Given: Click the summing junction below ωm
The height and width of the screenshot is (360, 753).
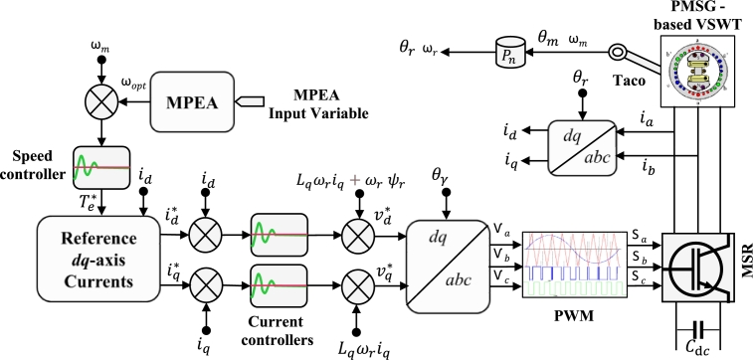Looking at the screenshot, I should coord(100,102).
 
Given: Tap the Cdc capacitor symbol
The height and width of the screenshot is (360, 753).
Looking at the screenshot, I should coord(700,327).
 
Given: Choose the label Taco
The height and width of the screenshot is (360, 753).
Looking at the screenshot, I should coord(623,87).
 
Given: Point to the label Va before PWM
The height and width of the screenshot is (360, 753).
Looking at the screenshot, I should coord(501,230).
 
